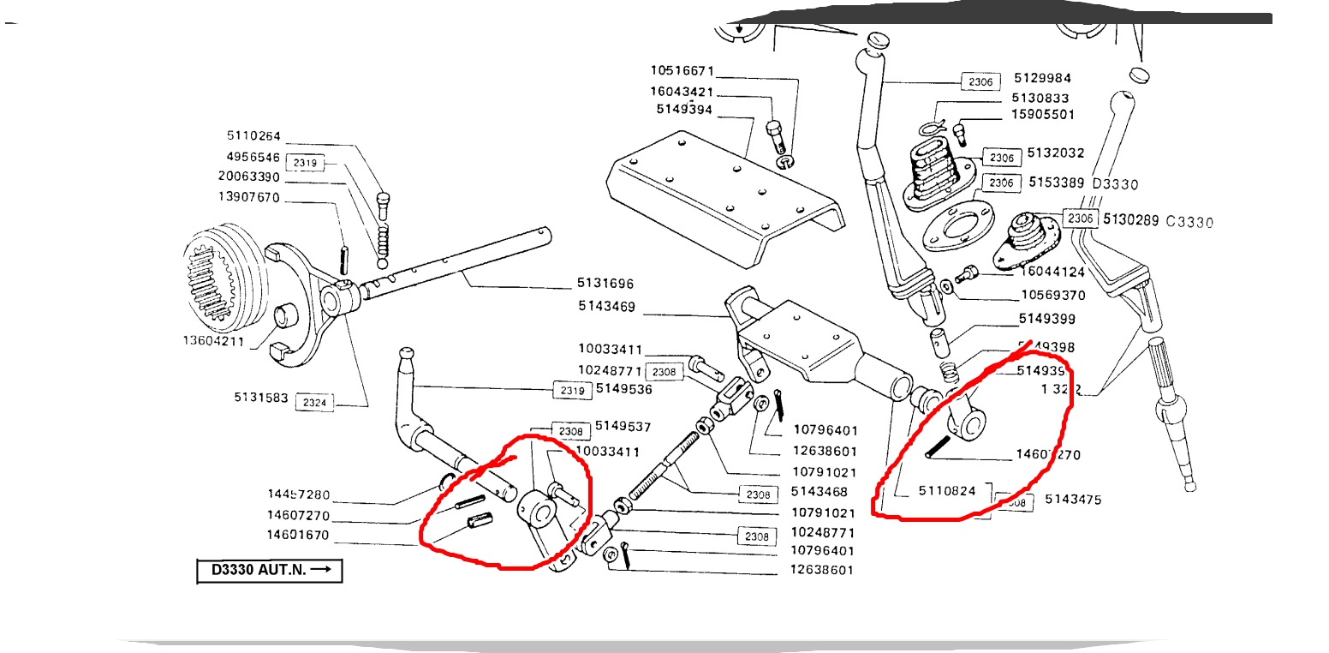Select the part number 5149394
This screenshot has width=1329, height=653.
[684, 110]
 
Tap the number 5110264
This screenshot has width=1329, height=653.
[253, 135]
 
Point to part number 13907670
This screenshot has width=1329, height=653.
[253, 197]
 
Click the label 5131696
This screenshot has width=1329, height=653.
[605, 283]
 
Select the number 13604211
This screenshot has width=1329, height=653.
[213, 341]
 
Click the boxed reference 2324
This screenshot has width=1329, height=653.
[314, 402]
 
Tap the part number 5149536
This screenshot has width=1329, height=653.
[623, 388]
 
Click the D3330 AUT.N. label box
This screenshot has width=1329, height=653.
[270, 571]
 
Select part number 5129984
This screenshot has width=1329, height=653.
[1042, 78]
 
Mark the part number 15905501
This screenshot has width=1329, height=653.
[1042, 114]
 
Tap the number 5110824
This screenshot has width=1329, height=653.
[946, 491]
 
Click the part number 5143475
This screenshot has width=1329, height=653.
[1073, 500]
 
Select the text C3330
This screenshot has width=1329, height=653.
[1189, 221]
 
